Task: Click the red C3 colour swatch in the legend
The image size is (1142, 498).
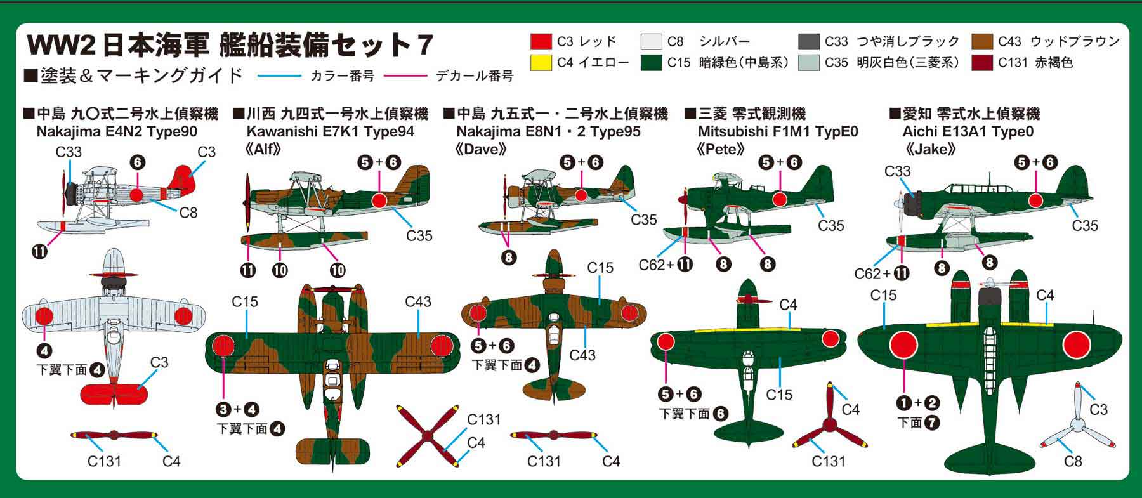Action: tap(541, 42)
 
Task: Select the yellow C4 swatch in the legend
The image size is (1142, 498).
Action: tap(541, 63)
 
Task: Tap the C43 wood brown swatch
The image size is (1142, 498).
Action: tap(982, 42)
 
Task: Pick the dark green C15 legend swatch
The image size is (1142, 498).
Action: tap(652, 63)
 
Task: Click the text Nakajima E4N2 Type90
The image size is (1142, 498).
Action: tap(117, 132)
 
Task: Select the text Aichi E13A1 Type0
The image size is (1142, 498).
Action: tap(968, 132)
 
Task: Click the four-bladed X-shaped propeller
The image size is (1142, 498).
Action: tap(428, 436)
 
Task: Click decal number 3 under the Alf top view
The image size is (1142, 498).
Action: tap(223, 409)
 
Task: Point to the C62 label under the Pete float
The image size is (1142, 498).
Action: tap(652, 265)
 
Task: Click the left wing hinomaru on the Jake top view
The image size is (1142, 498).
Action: tap(903, 346)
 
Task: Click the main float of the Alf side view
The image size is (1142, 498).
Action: tap(305, 239)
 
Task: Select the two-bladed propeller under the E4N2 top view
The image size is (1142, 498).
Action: tap(114, 436)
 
